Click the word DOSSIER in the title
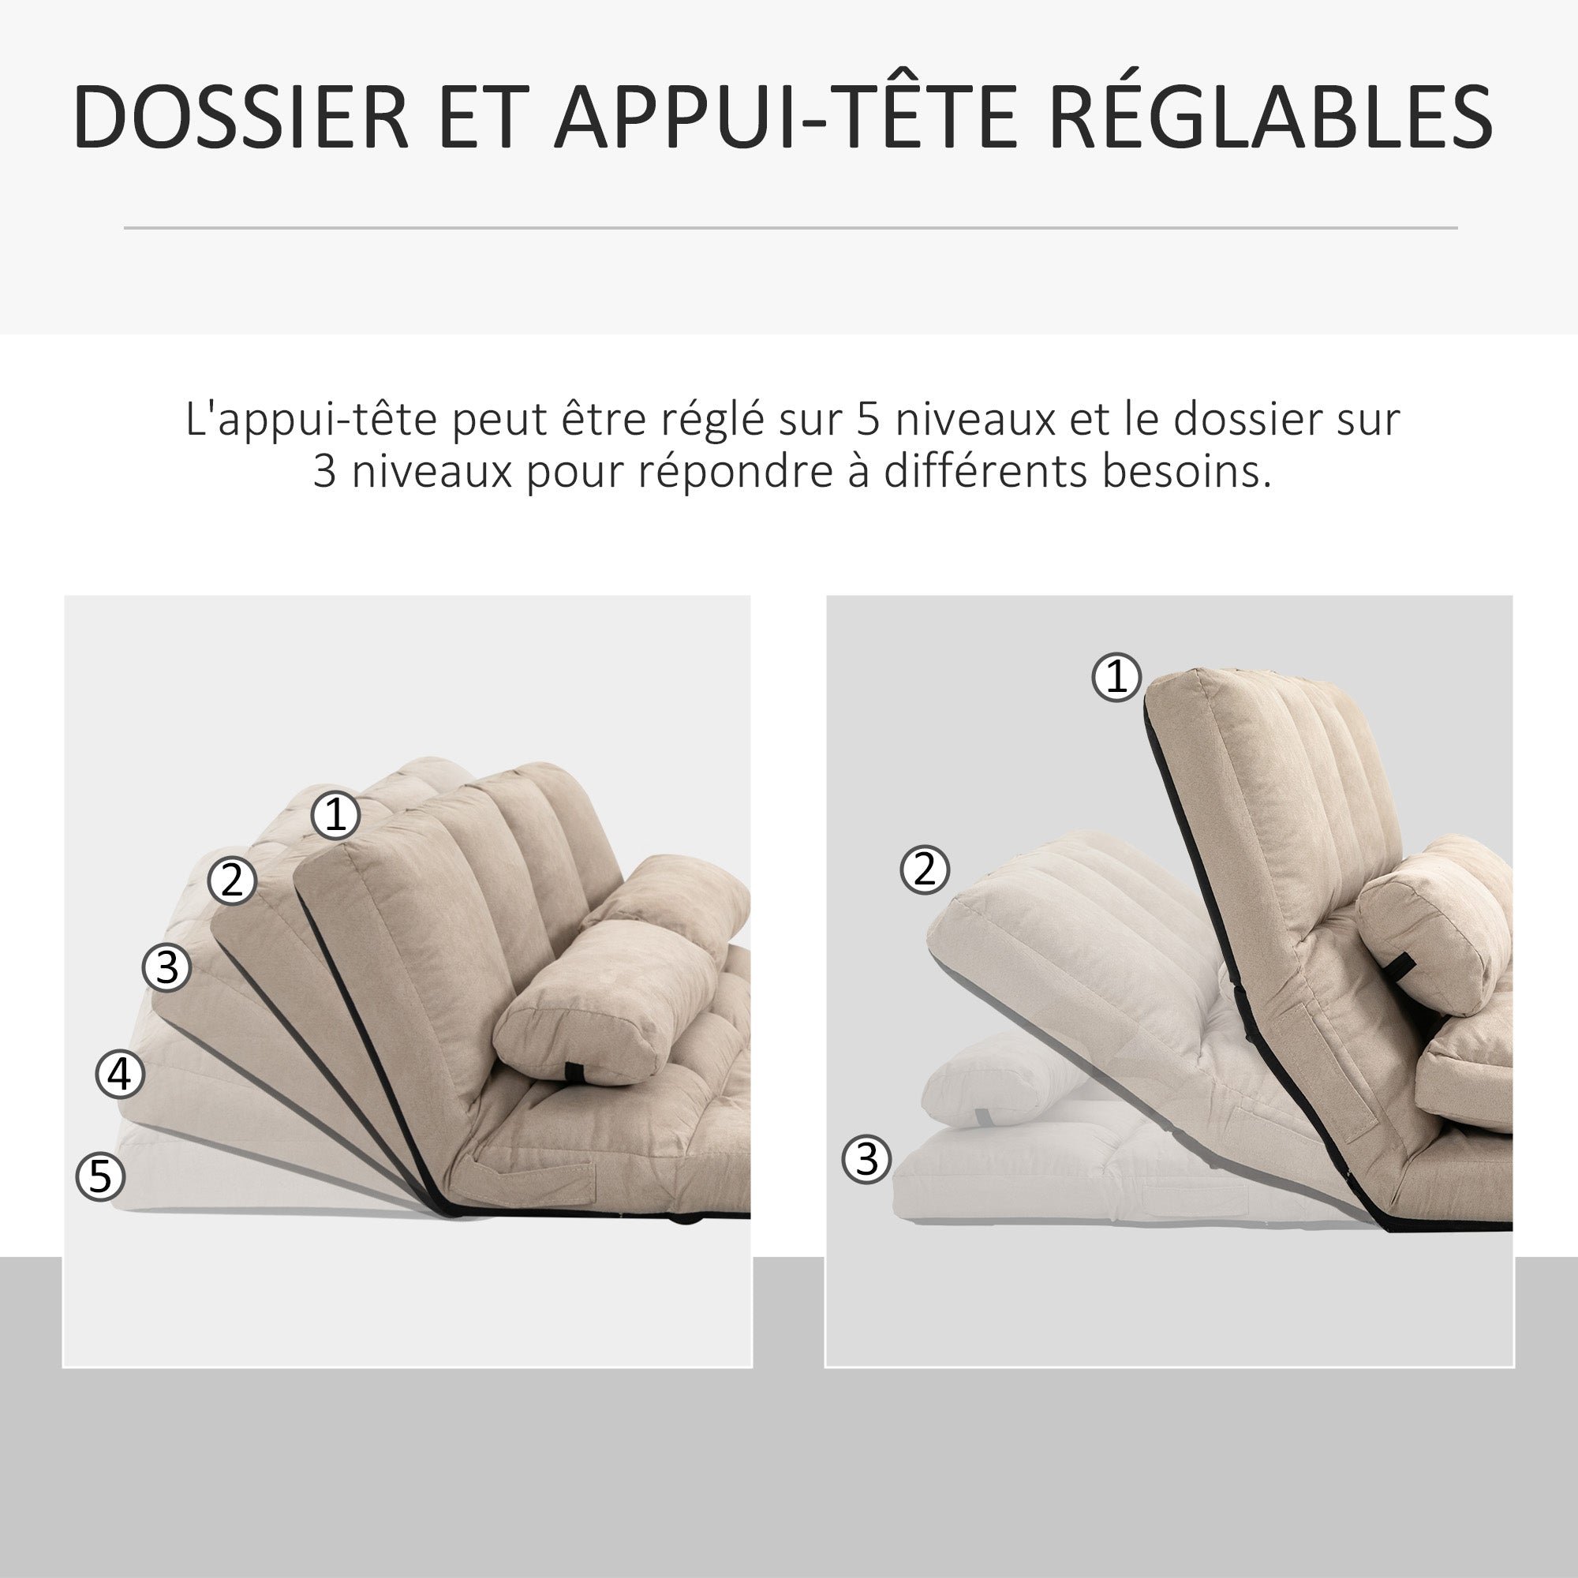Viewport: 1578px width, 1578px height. point(241,117)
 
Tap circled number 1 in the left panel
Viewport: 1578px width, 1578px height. point(335,815)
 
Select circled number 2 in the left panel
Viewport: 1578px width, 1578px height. point(233,881)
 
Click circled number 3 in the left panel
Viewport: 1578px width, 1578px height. point(166,967)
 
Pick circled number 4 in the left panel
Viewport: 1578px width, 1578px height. point(120,1074)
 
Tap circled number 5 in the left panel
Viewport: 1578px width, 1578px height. point(99,1176)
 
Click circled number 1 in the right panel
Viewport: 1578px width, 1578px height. point(1116,677)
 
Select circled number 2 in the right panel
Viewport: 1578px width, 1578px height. point(925,869)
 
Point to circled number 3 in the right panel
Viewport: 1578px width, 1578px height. point(866,1159)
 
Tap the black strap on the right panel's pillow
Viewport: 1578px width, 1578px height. point(1399,968)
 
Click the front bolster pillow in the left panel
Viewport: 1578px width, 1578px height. point(596,1004)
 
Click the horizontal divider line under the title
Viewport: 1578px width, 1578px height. point(790,228)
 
